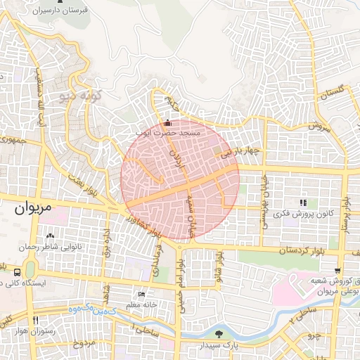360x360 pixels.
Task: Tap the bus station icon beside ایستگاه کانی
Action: [16, 272]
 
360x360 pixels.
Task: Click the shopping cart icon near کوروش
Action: [338, 271]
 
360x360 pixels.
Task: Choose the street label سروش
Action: [319, 128]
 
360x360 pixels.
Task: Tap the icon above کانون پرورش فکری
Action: [303, 202]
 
